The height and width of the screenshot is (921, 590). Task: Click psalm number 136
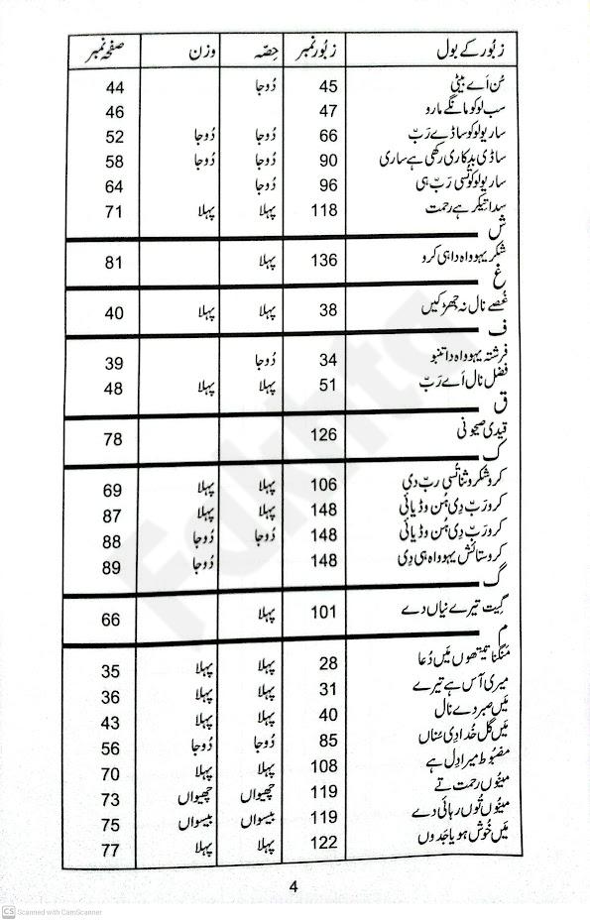tap(324, 261)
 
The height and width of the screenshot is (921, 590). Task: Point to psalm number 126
tap(324, 434)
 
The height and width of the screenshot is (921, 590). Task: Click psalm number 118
tap(324, 209)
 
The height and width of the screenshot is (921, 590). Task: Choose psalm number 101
tap(324, 614)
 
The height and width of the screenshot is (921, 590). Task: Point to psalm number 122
tap(324, 843)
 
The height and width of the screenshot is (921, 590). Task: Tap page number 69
tap(111, 491)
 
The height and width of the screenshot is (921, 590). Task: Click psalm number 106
tap(324, 485)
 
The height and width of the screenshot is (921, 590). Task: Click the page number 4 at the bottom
tap(294, 886)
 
